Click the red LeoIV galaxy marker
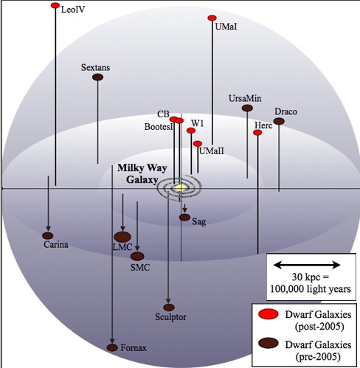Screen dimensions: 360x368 pyautogui.click(x=55, y=5)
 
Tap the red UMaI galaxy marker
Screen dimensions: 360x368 pyautogui.click(x=212, y=18)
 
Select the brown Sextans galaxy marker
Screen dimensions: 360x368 pyautogui.click(x=97, y=77)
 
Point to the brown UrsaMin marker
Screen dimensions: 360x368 pyautogui.click(x=247, y=108)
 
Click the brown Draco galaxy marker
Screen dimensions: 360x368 pyautogui.click(x=279, y=121)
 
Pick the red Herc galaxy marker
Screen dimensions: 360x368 pyautogui.click(x=257, y=133)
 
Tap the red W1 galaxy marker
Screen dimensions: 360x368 pyautogui.click(x=191, y=131)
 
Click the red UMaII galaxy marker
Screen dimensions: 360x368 pyautogui.click(x=198, y=144)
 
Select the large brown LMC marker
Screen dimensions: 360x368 pyautogui.click(x=122, y=237)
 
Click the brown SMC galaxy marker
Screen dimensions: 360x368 pyautogui.click(x=137, y=257)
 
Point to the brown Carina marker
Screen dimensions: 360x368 pyautogui.click(x=48, y=236)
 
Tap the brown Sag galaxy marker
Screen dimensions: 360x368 pyautogui.click(x=184, y=218)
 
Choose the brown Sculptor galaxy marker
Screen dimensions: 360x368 pyautogui.click(x=169, y=308)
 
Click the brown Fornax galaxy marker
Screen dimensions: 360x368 pyautogui.click(x=112, y=347)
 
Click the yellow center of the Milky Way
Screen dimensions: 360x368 pyautogui.click(x=181, y=188)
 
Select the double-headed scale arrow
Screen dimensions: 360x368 pyautogui.click(x=307, y=265)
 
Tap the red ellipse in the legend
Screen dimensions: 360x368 pyautogui.click(x=269, y=314)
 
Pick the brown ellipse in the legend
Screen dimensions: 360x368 pyautogui.click(x=269, y=343)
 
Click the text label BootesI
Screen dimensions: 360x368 pyautogui.click(x=159, y=127)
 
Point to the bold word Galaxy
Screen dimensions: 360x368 pyautogui.click(x=142, y=180)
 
